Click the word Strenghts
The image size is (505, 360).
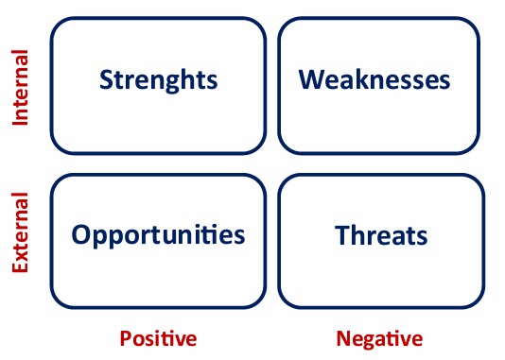pyautogui.click(x=159, y=80)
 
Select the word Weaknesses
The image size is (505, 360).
pyautogui.click(x=374, y=79)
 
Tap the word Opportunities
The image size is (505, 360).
pyautogui.click(x=158, y=235)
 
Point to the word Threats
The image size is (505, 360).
pyautogui.click(x=381, y=235)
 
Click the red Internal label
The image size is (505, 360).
pyautogui.click(x=20, y=88)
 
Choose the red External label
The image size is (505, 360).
pyautogui.click(x=20, y=232)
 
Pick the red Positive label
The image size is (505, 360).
pyautogui.click(x=158, y=338)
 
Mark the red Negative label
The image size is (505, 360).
pyautogui.click(x=379, y=339)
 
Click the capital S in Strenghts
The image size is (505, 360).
pyautogui.click(x=106, y=79)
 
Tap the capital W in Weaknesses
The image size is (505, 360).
pyautogui.click(x=312, y=79)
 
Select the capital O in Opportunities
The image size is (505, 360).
pyautogui.click(x=80, y=234)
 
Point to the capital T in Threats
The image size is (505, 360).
pyautogui.click(x=343, y=235)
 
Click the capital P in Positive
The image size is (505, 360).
pyautogui.click(x=126, y=338)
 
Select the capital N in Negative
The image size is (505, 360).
pyautogui.click(x=344, y=339)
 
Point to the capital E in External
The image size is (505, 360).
pyautogui.click(x=20, y=266)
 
